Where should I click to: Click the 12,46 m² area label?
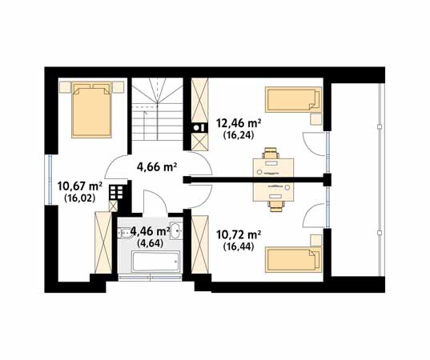click(239, 123)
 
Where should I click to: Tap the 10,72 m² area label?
click(239, 234)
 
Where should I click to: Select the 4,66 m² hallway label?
click(156, 166)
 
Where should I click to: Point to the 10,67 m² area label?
click(80, 186)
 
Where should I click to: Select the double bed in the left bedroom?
click(91, 110)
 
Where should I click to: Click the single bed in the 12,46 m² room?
click(293, 100)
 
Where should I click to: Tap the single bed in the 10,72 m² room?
click(293, 260)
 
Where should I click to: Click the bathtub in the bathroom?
click(156, 262)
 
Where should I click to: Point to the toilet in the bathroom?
click(124, 233)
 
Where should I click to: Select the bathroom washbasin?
click(176, 230)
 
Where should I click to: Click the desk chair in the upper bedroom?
click(271, 153)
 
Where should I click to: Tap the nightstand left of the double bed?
click(65, 87)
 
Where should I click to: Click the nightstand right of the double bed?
click(118, 87)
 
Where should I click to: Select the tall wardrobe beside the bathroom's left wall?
click(103, 242)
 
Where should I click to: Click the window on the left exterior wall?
click(50, 180)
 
